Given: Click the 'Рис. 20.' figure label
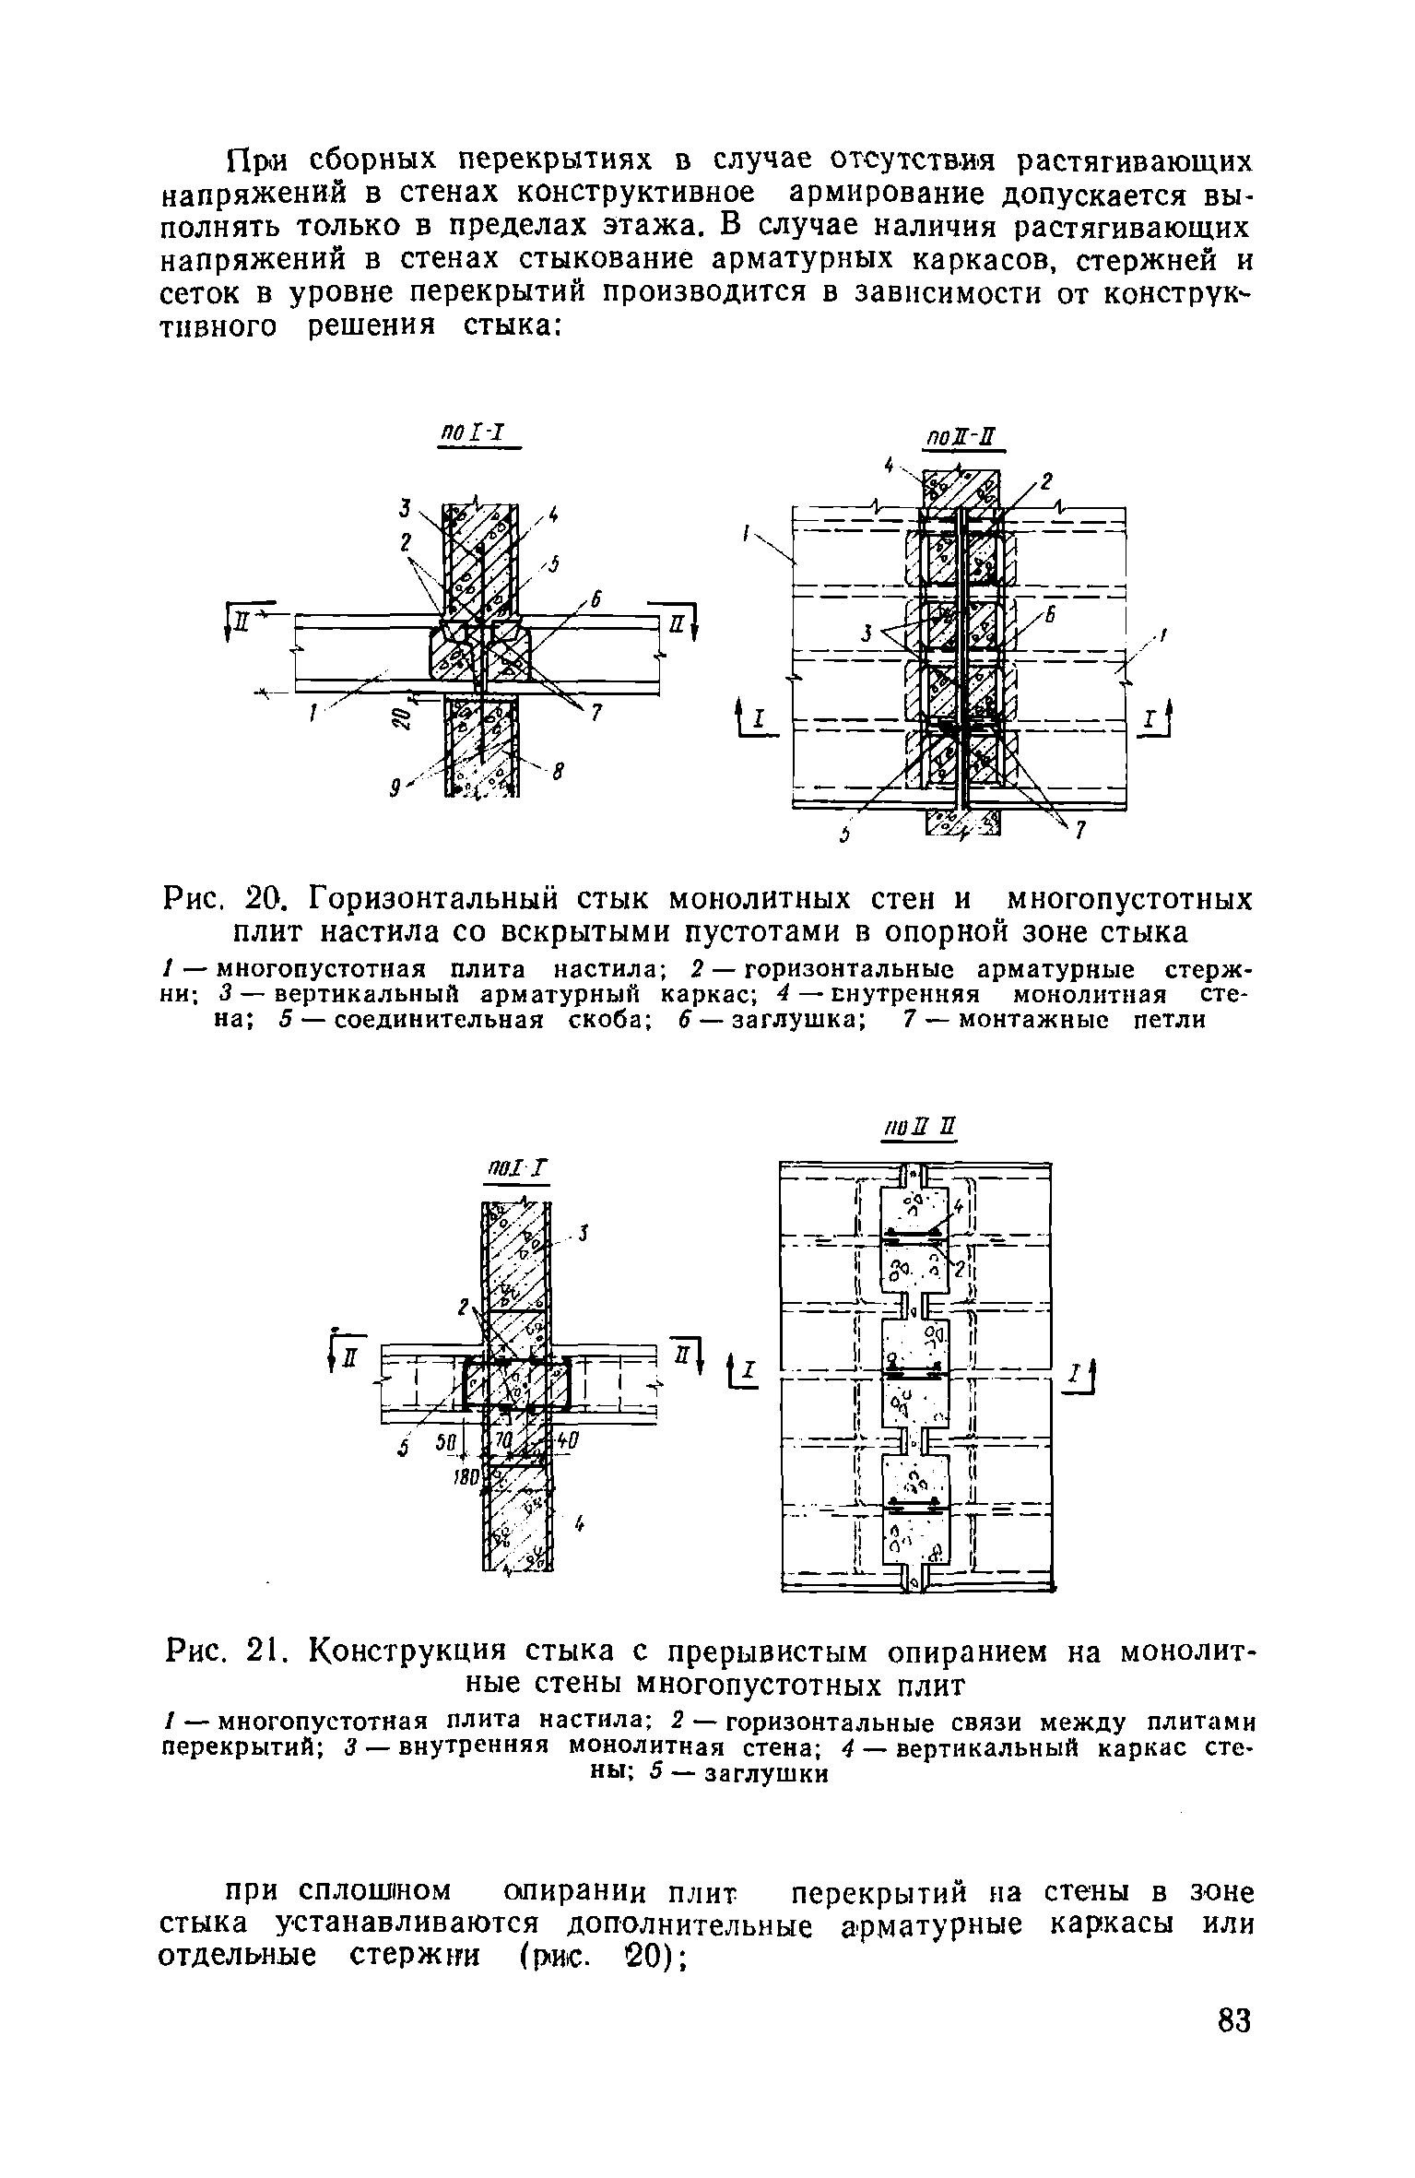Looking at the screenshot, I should point(226,897).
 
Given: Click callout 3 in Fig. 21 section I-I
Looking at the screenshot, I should point(584,1236).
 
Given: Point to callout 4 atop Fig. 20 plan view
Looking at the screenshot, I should point(889,467).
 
